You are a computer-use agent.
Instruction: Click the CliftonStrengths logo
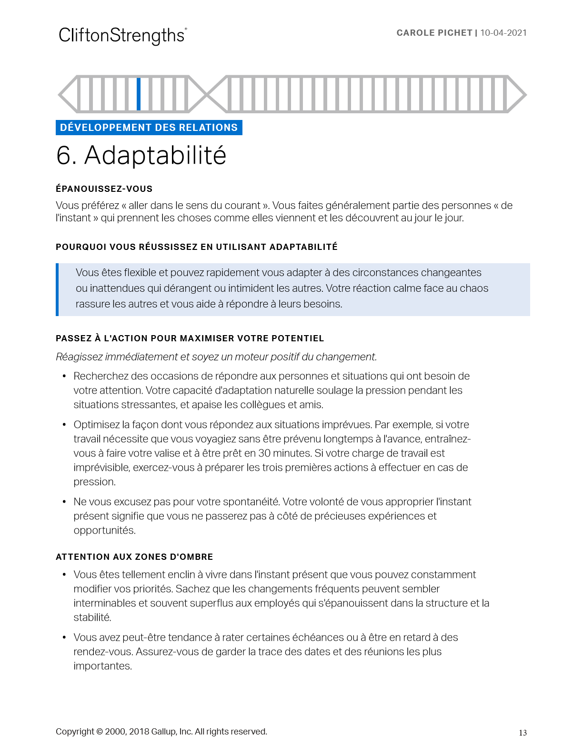click(122, 36)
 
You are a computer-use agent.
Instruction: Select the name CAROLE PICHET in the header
click(434, 33)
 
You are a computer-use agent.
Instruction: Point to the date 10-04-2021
click(503, 33)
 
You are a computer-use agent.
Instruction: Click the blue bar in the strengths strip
click(139, 94)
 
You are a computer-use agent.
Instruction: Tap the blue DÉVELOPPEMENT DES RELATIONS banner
click(149, 128)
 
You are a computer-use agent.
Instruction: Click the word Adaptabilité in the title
click(155, 156)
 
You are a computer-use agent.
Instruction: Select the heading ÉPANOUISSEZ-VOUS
click(104, 189)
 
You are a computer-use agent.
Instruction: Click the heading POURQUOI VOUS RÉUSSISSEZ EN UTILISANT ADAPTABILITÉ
click(196, 247)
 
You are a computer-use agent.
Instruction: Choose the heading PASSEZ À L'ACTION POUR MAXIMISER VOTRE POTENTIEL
click(190, 338)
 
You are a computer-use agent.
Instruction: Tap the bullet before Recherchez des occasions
click(64, 377)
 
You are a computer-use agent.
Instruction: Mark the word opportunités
click(104, 530)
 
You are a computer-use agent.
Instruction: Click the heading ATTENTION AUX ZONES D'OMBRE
click(134, 557)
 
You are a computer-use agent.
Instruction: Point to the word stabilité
click(92, 617)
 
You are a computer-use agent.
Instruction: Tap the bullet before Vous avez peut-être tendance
click(64, 637)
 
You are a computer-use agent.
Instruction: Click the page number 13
click(523, 733)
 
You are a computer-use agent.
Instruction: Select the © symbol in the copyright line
click(99, 732)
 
